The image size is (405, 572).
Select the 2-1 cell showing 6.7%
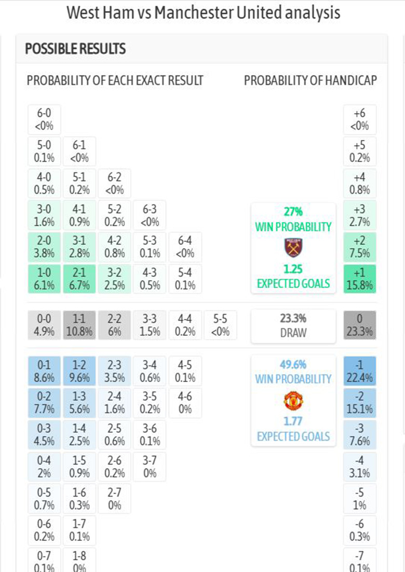(79, 279)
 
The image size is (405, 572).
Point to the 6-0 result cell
(44, 119)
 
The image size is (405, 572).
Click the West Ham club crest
(293, 248)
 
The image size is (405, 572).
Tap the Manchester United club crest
(293, 401)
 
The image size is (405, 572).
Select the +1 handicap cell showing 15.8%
(360, 279)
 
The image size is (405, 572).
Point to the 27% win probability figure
(293, 212)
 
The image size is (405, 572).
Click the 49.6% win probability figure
(293, 365)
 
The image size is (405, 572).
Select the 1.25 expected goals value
(293, 269)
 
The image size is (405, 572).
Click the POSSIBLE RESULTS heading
(75, 49)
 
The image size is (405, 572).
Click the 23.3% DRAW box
(293, 326)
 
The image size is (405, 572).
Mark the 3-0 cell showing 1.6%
(44, 215)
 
